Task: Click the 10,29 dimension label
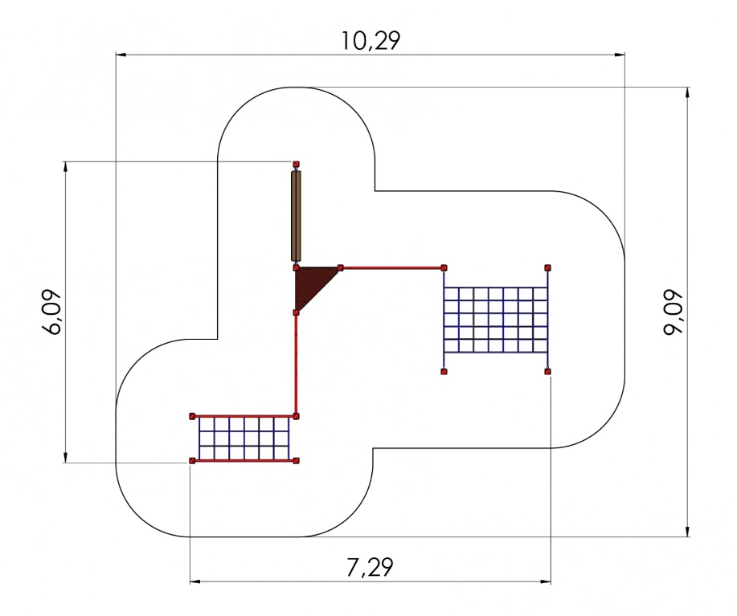pos(371,40)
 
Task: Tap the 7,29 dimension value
pos(370,567)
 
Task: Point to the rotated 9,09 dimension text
pos(673,312)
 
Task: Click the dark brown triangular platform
pos(311,284)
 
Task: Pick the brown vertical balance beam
pos(296,215)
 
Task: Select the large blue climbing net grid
pos(496,320)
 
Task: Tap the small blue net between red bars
pos(244,439)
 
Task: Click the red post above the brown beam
pos(296,165)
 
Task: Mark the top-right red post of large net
pos(548,267)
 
